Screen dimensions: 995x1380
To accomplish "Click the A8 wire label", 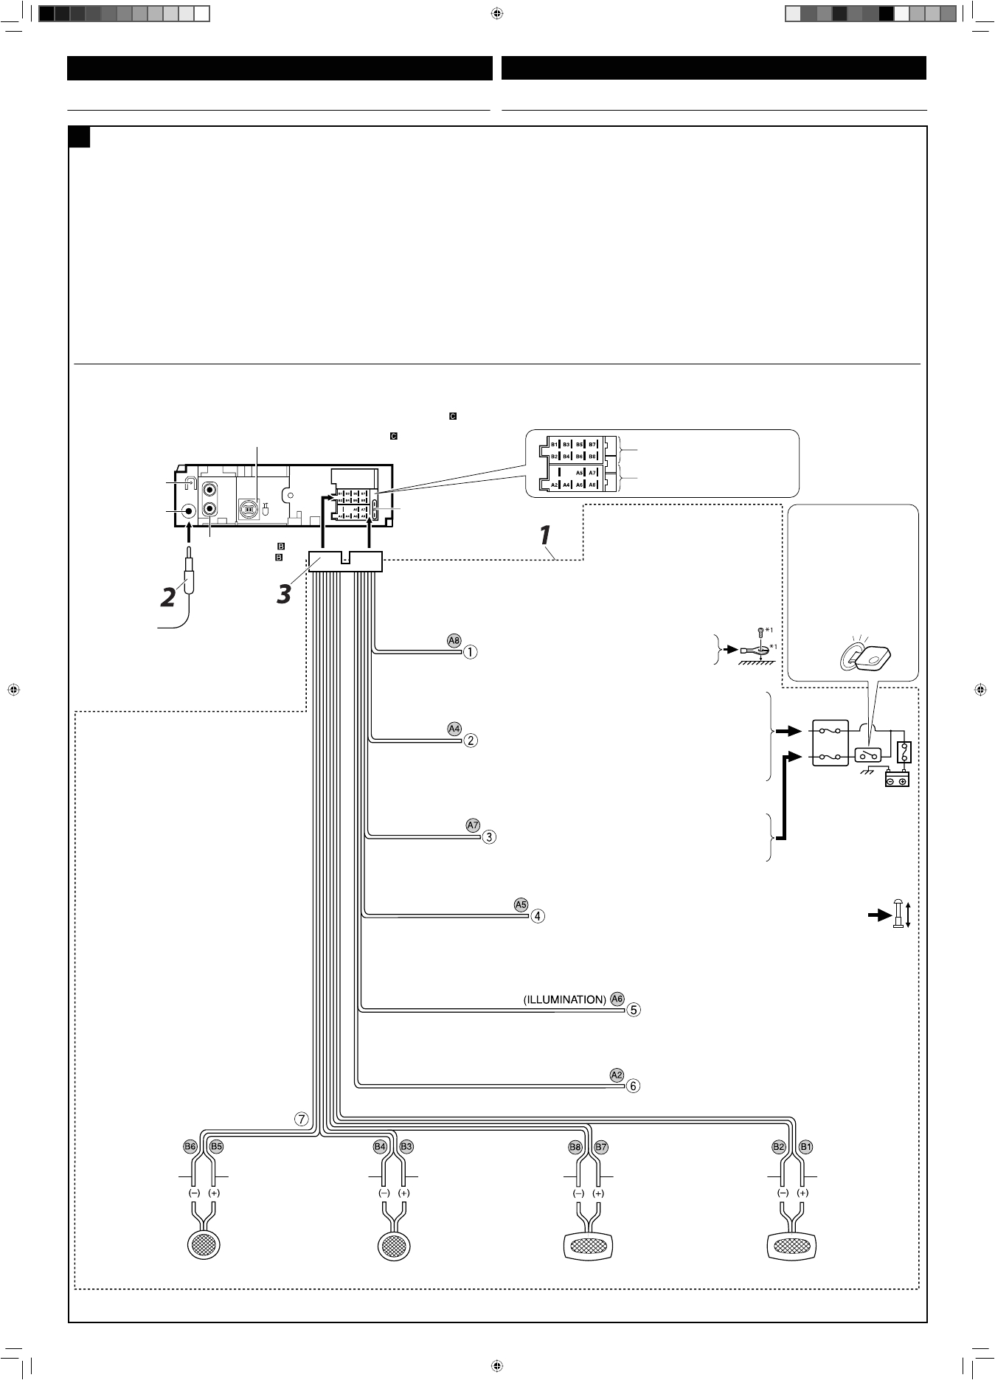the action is (x=454, y=640).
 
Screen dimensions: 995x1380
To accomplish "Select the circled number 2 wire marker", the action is (x=470, y=740).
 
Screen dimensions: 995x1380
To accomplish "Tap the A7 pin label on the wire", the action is (x=474, y=825).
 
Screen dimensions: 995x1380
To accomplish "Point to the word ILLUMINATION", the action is (x=564, y=999).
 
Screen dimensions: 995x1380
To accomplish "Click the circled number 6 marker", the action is (x=633, y=1086).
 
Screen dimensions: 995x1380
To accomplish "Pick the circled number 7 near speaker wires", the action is (x=302, y=1118).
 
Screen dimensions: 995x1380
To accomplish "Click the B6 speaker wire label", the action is (x=190, y=1147).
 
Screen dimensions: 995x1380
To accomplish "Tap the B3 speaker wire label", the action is (x=406, y=1147).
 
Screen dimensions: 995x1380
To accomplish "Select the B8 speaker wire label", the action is (x=575, y=1147).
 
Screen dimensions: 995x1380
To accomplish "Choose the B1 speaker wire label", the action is (x=806, y=1147).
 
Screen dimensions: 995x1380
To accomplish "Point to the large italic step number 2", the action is (x=169, y=596).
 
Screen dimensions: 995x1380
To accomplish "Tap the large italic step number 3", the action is (x=284, y=594).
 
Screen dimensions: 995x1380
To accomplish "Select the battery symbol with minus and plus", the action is (x=897, y=780).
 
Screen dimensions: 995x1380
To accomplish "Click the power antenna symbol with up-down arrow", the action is (x=901, y=915).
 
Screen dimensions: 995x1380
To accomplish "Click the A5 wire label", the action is (x=521, y=904).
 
